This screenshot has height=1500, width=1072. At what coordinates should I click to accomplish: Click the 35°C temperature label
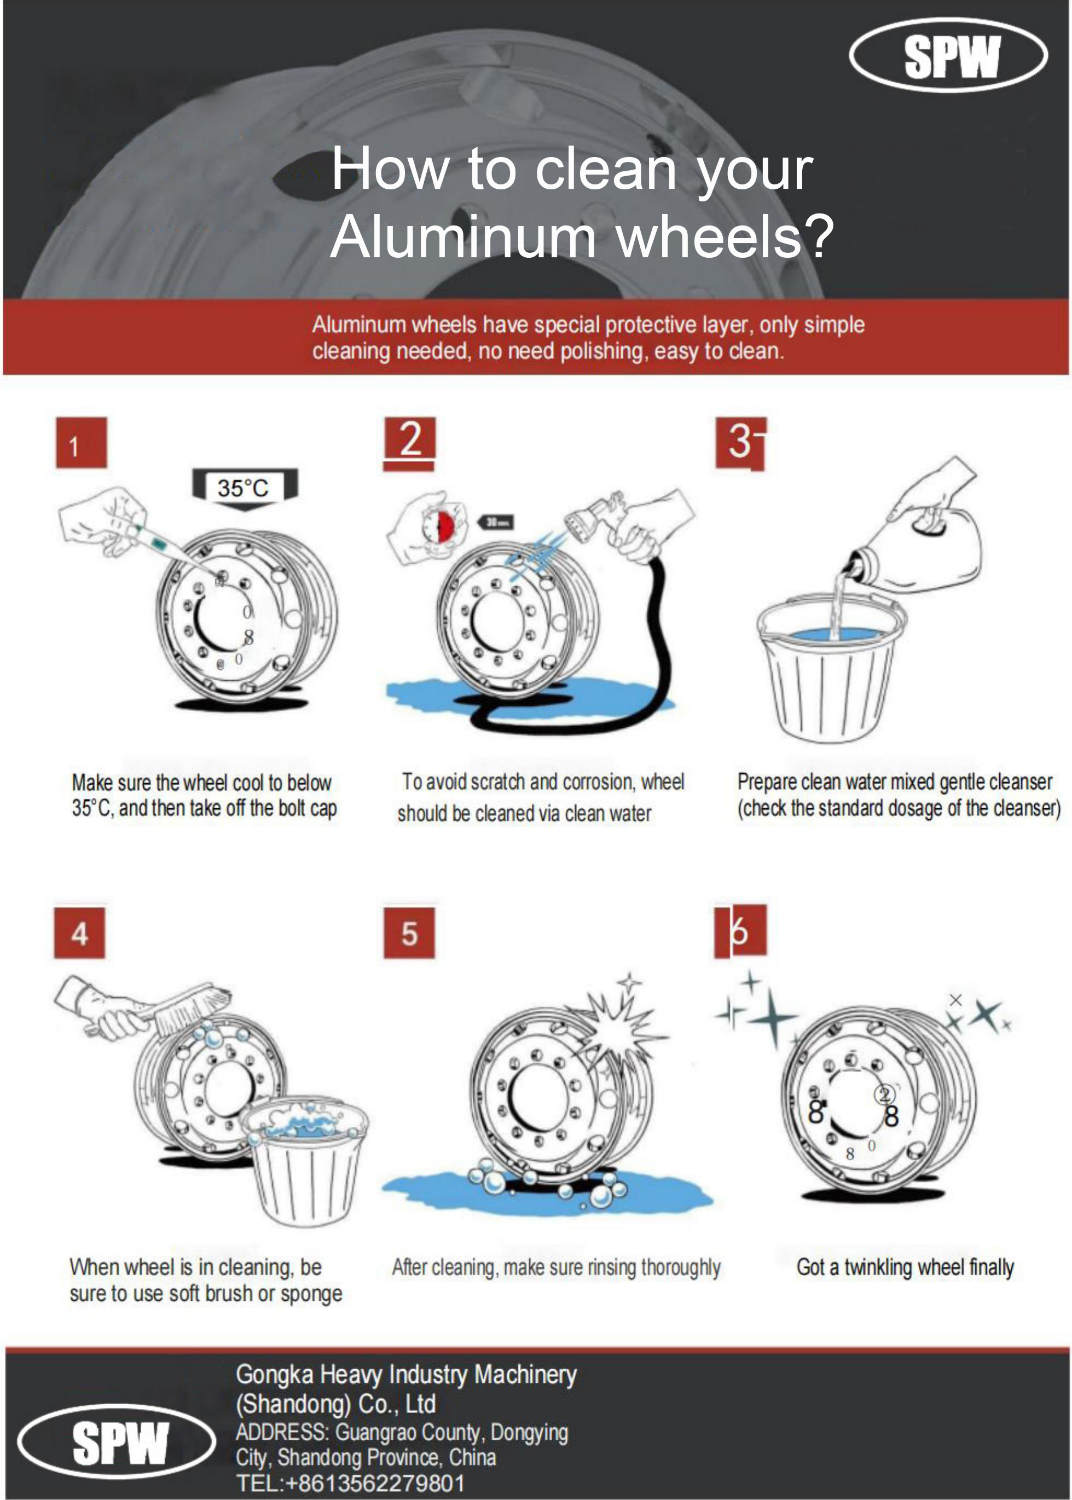[x=243, y=488]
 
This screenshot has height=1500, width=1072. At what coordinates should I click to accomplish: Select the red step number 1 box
[x=81, y=443]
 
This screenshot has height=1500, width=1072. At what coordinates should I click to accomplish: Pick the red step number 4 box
[x=79, y=934]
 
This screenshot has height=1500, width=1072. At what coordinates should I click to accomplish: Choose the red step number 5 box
[x=409, y=934]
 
